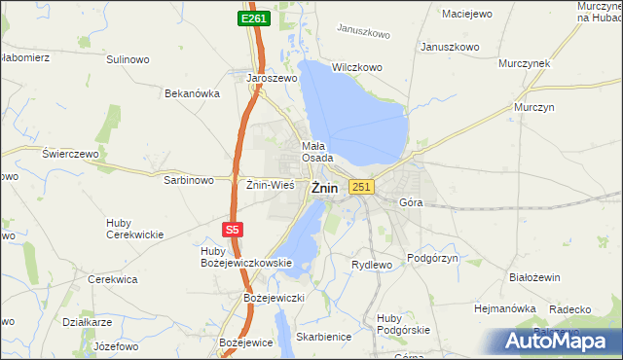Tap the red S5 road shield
pos(231,230)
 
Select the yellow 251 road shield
pos(361,187)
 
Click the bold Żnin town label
pos(325,190)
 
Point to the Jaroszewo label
pos(272,77)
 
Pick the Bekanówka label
pos(193,93)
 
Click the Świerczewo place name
pos(71,154)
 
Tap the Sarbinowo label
pos(189,180)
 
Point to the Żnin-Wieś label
pos(270,183)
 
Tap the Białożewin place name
pos(534,276)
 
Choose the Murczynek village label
pos(524,62)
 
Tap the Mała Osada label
pos(317,151)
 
